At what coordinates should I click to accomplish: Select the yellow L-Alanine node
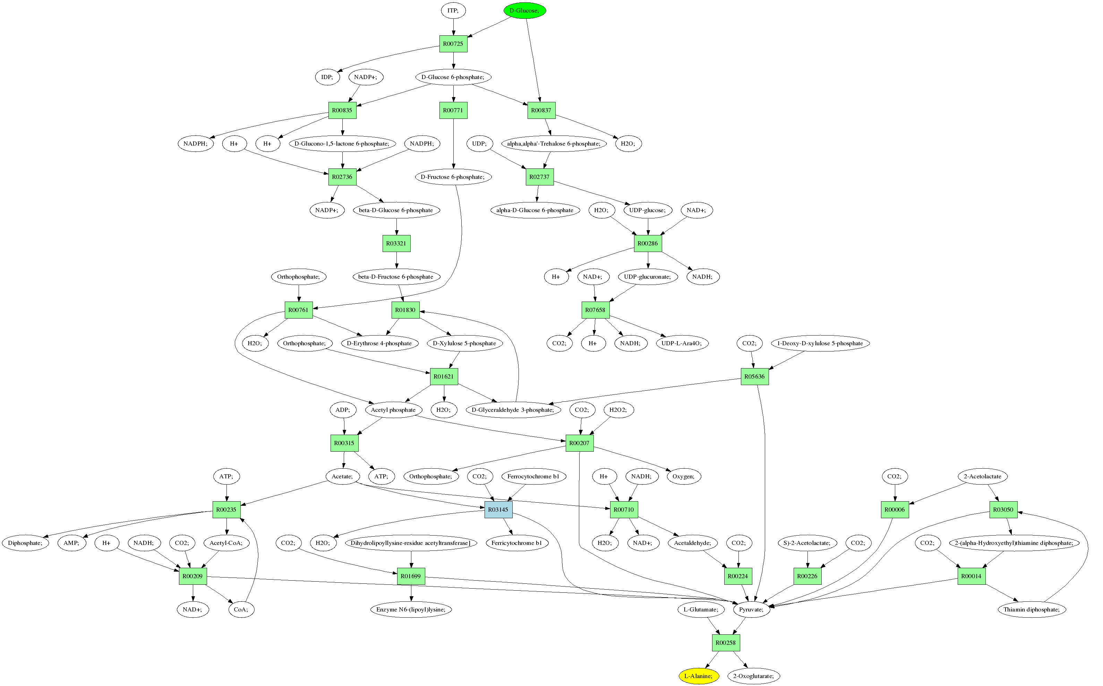pyautogui.click(x=699, y=676)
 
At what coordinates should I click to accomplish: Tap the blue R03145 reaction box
pyautogui.click(x=498, y=510)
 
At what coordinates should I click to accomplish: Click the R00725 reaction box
pyautogui.click(x=453, y=44)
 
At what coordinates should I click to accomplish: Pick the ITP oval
pyautogui.click(x=453, y=10)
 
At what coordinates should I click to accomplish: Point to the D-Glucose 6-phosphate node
pyautogui.click(x=453, y=77)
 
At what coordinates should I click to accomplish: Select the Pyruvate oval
pyautogui.click(x=751, y=609)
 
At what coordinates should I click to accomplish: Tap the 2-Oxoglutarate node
pyautogui.click(x=753, y=676)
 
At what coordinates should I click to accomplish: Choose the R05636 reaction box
pyautogui.click(x=754, y=376)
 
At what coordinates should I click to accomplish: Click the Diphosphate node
pyautogui.click(x=25, y=543)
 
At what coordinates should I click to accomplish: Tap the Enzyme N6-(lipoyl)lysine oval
pyautogui.click(x=411, y=609)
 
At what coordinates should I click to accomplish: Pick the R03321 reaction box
pyautogui.click(x=396, y=244)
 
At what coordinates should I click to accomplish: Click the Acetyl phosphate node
pyautogui.click(x=393, y=410)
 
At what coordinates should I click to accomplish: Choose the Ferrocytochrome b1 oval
pyautogui.click(x=533, y=476)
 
